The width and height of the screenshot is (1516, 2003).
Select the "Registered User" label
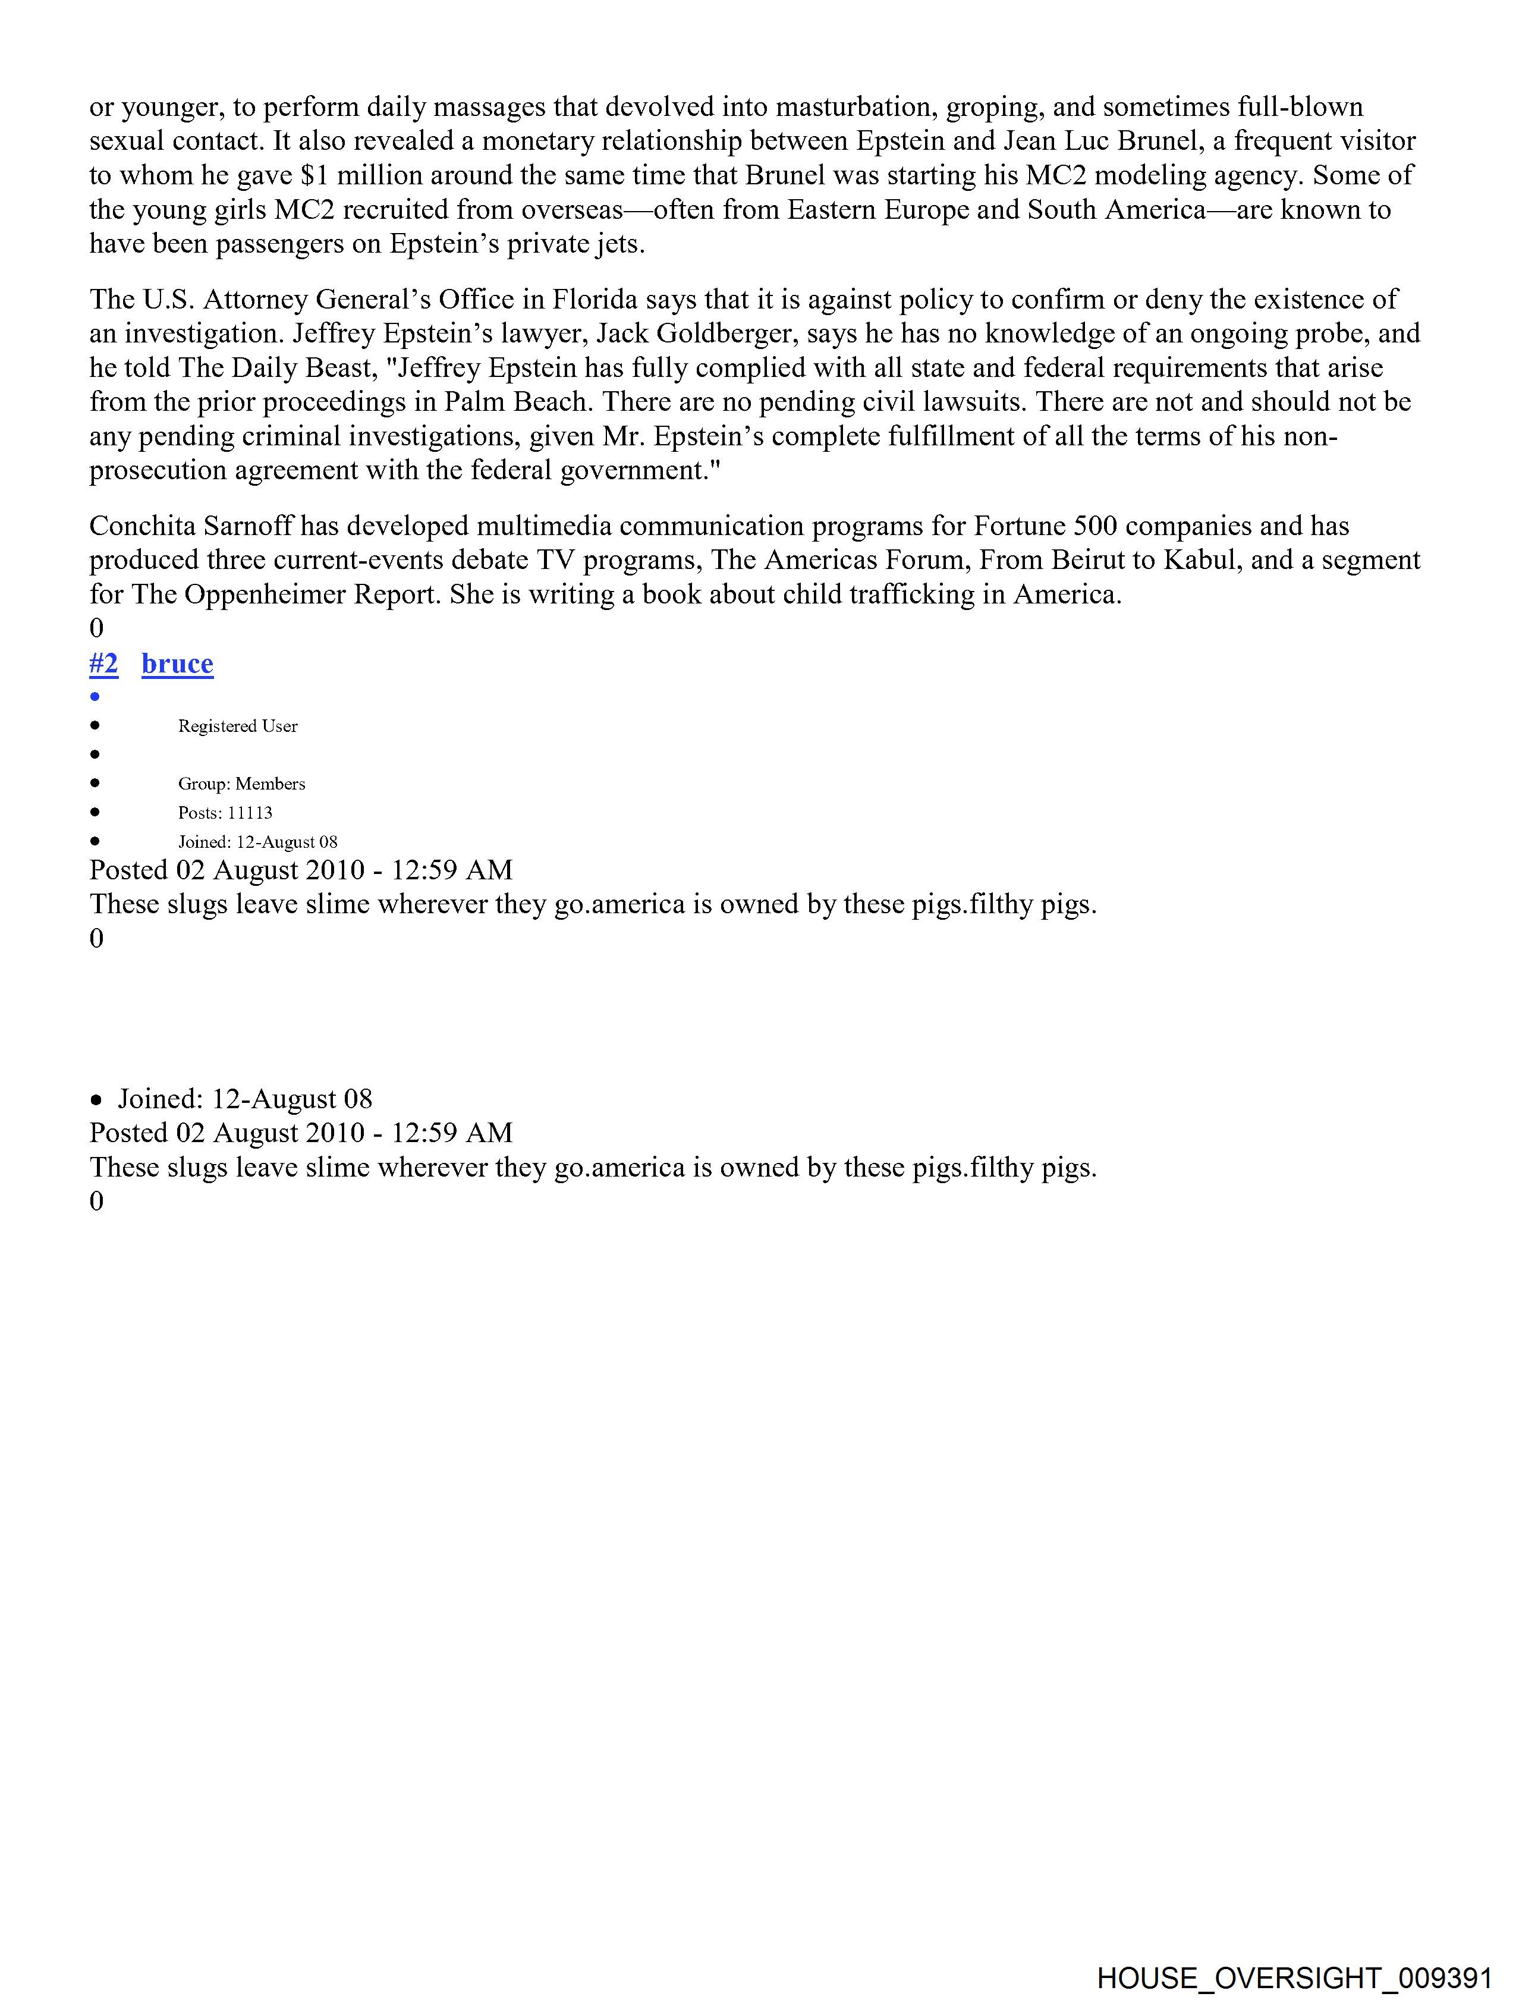(x=237, y=726)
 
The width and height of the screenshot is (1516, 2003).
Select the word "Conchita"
(x=144, y=526)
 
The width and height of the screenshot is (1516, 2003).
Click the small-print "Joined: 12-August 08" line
(x=257, y=842)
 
